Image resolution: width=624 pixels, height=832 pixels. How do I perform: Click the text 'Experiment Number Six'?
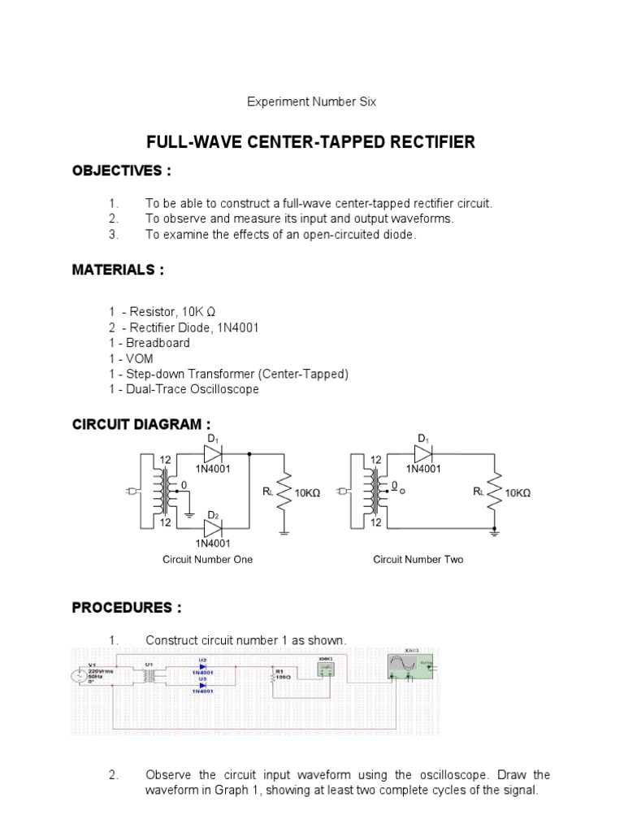click(312, 102)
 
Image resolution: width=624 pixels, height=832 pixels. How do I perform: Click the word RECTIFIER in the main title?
click(422, 143)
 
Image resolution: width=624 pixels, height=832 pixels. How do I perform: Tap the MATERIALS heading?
click(118, 271)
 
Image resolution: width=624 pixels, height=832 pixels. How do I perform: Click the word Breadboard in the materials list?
click(158, 343)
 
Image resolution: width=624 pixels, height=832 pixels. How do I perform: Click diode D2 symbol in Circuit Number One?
click(213, 528)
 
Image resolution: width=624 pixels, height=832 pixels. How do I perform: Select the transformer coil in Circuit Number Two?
click(375, 491)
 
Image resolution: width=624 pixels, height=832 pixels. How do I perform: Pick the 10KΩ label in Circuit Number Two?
click(518, 493)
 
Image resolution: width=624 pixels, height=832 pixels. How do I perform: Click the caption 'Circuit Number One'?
click(208, 560)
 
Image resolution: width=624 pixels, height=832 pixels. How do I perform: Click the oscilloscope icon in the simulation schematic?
click(411, 665)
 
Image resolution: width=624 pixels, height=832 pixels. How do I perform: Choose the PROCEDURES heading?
click(126, 609)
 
